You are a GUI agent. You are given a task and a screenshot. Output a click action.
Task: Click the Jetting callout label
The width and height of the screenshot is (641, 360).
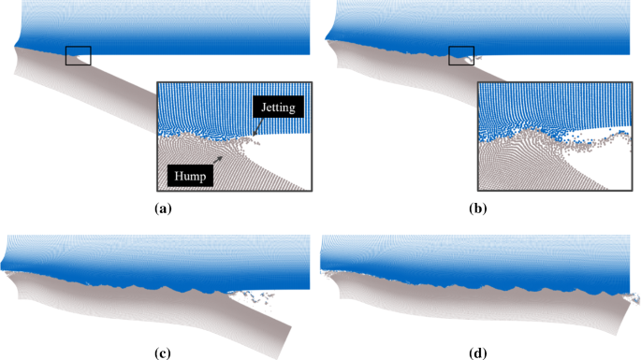[x=279, y=108]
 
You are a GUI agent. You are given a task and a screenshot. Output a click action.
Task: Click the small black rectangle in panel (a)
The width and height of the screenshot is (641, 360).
[x=79, y=55]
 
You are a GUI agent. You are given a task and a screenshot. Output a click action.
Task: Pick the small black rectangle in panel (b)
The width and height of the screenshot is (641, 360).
[x=461, y=55]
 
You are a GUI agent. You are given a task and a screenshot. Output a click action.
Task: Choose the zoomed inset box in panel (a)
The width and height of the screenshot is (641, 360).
[x=234, y=137]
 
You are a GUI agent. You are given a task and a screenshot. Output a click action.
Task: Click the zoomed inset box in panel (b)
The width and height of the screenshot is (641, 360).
[x=552, y=137]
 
